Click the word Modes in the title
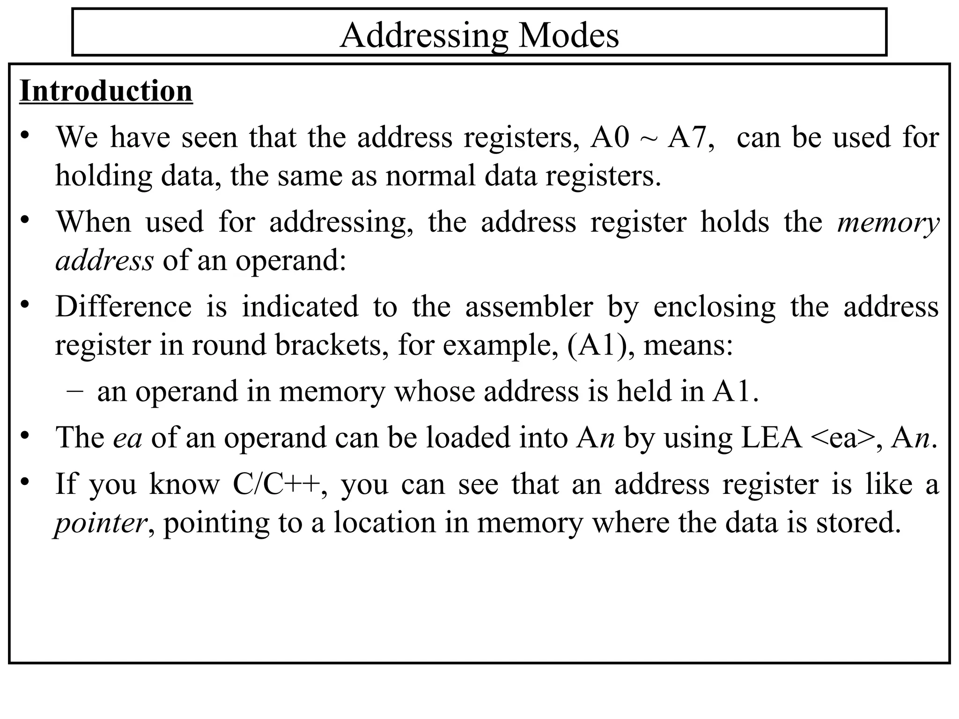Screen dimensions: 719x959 tap(568, 36)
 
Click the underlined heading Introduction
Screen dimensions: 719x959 tap(106, 91)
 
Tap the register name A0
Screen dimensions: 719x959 tap(609, 138)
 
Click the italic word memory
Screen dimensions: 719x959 tap(888, 223)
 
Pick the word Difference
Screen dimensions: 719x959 tap(124, 307)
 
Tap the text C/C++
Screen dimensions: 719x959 tap(277, 484)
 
